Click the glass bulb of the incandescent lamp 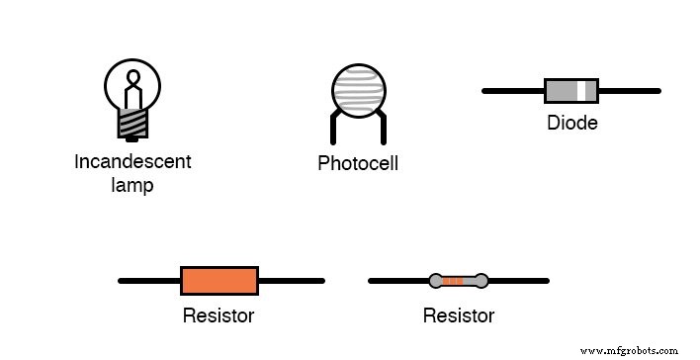point(132,86)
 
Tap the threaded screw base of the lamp point(132,124)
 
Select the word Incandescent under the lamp point(132,161)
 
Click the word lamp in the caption point(132,185)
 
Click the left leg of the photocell point(333,129)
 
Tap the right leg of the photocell point(381,129)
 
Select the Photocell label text point(357,163)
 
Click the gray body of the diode point(564,91)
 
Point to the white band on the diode point(590,91)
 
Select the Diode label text point(571,124)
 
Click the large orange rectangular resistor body point(219,281)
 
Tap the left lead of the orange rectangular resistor point(148,281)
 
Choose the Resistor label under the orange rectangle point(219,316)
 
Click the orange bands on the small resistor point(454,281)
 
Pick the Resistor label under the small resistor point(458,316)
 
